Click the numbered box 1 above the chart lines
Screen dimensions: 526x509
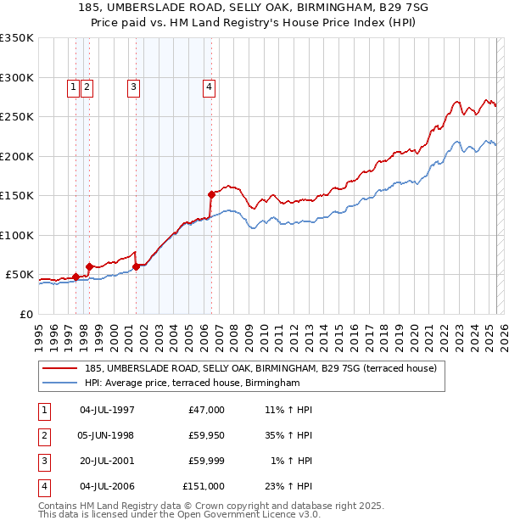pos(74,85)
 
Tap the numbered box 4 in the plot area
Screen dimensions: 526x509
pos(208,85)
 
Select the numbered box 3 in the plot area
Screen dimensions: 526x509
pos(134,85)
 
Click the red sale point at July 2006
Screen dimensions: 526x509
pos(211,194)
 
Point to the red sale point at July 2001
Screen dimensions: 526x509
pos(136,266)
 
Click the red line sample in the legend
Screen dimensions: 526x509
pos(60,369)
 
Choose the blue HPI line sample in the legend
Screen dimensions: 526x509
pos(60,383)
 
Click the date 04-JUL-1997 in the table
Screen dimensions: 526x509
pos(106,410)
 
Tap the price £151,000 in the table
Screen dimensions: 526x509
pos(204,486)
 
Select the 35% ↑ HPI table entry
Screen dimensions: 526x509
pos(288,435)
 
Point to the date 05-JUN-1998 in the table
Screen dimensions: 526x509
pos(106,435)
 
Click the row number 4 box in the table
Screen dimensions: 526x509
pos(43,486)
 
